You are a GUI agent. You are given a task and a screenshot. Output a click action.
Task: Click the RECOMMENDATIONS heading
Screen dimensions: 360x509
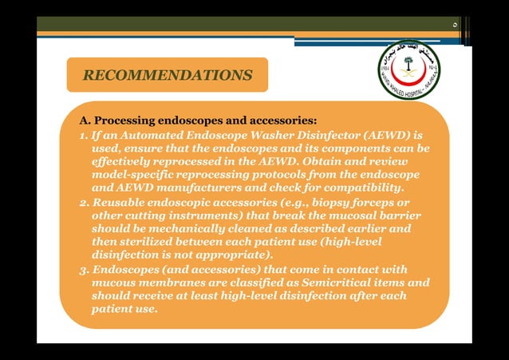[x=168, y=76]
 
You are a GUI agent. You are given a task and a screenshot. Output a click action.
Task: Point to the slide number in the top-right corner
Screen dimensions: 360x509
[x=454, y=26]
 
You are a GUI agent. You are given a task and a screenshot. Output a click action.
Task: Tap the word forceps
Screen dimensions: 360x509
[x=365, y=202]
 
